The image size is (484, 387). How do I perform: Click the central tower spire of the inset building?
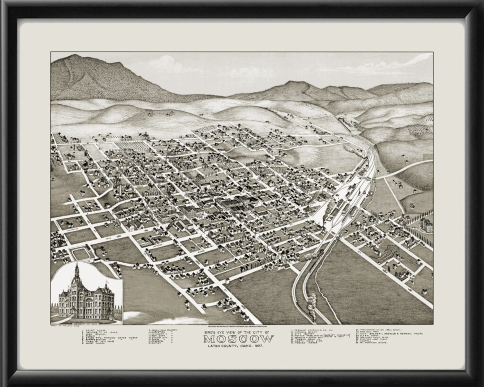pyautogui.click(x=76, y=270)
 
